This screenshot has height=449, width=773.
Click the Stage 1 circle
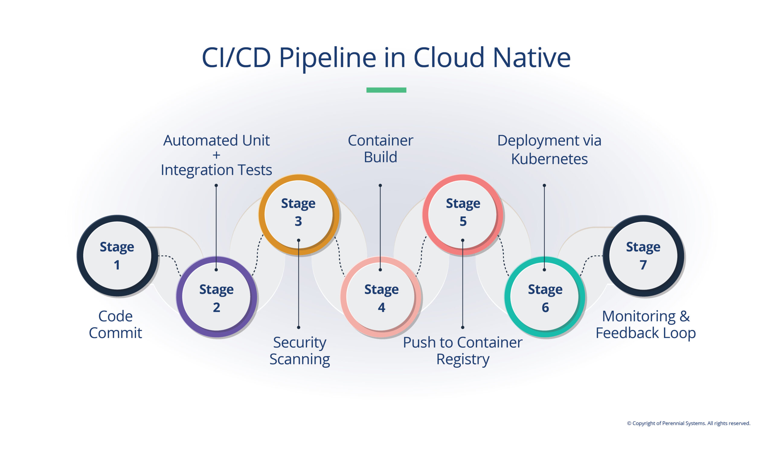coord(117,255)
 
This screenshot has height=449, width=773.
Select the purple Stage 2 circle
coord(216,297)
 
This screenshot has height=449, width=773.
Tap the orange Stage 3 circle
coord(298,214)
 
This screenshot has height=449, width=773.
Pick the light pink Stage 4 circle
coord(381,297)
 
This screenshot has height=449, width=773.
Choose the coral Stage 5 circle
coord(463,214)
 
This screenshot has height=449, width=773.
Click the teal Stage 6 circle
coord(545,297)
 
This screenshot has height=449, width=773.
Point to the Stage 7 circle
coord(643,255)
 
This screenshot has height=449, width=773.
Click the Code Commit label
coord(115,324)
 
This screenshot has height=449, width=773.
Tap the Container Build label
coord(380,149)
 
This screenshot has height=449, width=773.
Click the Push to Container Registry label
coord(463,351)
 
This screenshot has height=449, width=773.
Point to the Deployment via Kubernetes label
coord(549,150)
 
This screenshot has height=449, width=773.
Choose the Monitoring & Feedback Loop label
coord(645,324)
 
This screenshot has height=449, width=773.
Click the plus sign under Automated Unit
coord(216,155)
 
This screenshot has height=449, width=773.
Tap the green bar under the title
coord(386,90)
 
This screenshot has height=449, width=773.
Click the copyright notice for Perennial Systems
coord(688,423)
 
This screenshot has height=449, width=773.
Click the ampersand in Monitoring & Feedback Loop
coord(684,316)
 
